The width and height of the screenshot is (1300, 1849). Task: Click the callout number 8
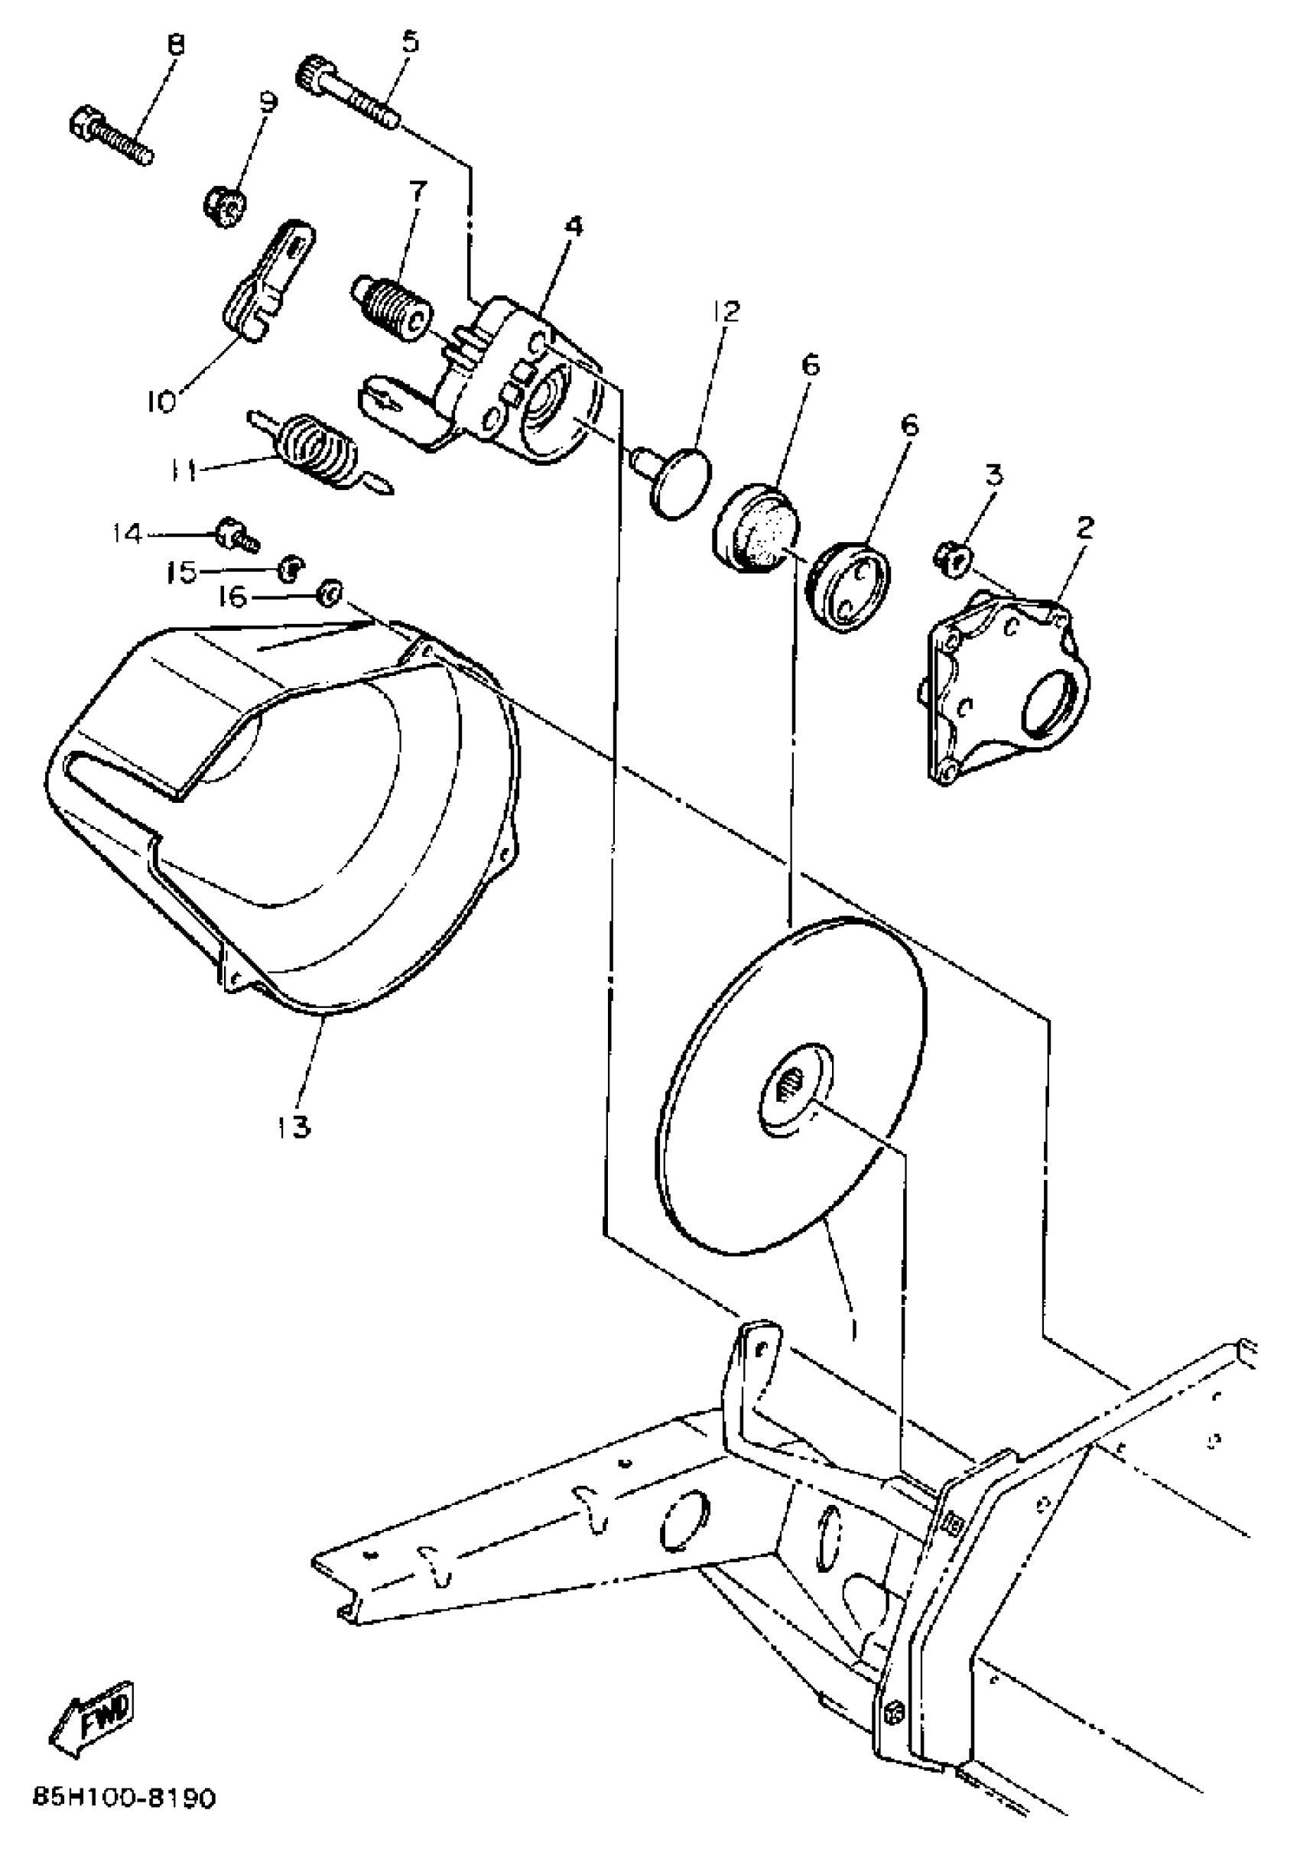[x=175, y=44]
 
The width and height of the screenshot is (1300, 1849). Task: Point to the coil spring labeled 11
[x=318, y=451]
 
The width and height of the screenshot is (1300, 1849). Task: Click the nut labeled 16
[x=330, y=593]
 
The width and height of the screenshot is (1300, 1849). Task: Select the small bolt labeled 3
[x=953, y=558]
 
